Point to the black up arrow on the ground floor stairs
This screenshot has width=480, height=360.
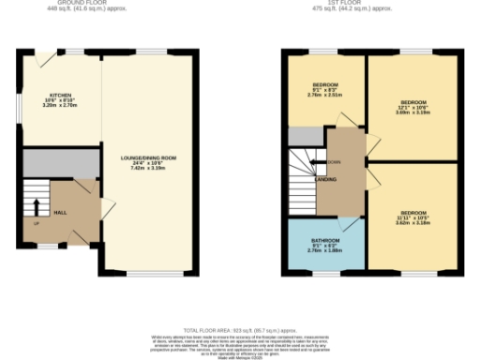pos(37,207)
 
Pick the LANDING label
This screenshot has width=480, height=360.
pos(327,178)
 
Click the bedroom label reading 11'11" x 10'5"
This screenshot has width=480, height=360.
pos(412,218)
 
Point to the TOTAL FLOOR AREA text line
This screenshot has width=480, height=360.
pos(240,330)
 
